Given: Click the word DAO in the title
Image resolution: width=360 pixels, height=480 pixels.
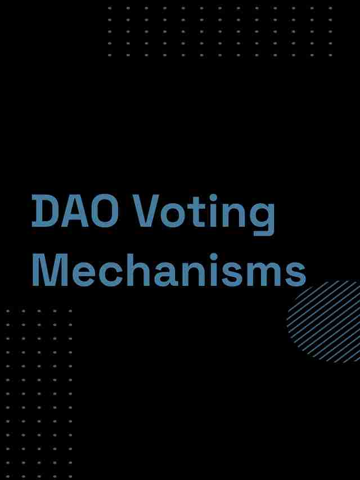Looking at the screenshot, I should [75, 212].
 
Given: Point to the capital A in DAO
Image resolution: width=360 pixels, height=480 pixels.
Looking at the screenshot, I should [75, 212].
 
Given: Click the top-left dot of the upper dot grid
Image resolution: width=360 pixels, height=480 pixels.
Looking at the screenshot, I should [110, 8].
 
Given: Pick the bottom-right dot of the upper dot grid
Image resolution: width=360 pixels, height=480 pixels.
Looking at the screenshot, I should [330, 55].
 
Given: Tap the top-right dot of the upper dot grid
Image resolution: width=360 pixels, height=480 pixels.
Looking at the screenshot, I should [330, 8].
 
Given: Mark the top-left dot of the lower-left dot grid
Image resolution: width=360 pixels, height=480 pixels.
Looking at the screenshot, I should [8, 311].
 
